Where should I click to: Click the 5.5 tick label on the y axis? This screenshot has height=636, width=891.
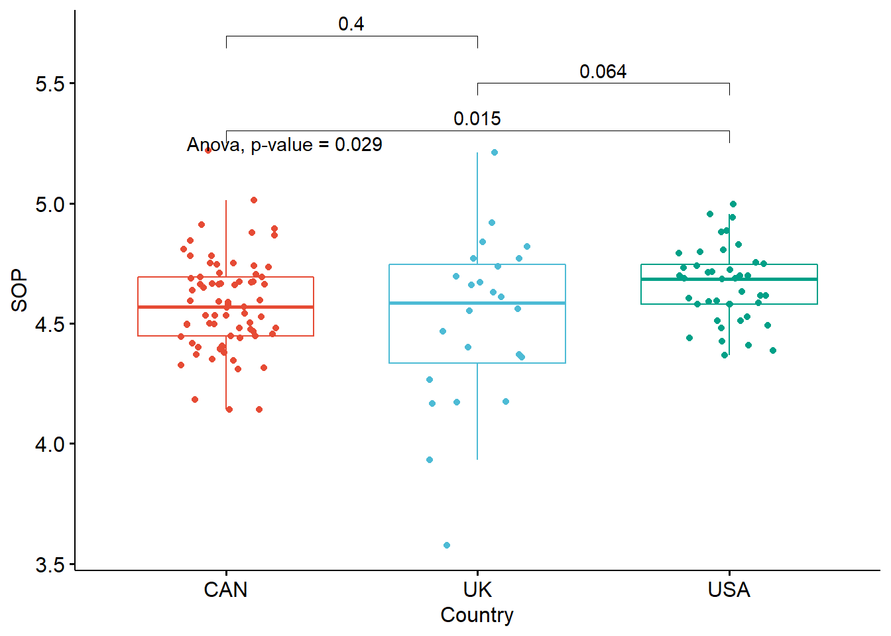[50, 84]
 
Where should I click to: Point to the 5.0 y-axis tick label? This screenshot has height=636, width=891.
[50, 204]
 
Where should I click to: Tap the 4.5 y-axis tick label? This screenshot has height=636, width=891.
[50, 324]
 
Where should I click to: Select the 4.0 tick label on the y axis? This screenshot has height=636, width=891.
[50, 444]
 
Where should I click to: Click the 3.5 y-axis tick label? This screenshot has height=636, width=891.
[50, 564]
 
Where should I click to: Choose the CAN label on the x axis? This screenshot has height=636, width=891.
[225, 590]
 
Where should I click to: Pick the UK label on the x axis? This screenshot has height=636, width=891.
[477, 590]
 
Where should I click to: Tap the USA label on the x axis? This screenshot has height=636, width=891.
[729, 590]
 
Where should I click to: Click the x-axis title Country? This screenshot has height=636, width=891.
[477, 615]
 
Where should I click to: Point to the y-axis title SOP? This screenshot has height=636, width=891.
[20, 290]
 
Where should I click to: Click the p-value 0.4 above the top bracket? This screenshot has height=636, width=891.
[351, 25]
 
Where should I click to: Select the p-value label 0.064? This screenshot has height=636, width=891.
[603, 72]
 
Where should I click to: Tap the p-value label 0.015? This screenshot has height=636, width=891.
[477, 119]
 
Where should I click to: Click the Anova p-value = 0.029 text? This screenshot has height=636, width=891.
[284, 144]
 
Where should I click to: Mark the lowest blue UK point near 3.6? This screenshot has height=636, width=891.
[447, 545]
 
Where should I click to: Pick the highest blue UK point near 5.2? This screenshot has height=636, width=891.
[495, 152]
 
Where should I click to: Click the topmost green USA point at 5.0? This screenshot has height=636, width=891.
[733, 204]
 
